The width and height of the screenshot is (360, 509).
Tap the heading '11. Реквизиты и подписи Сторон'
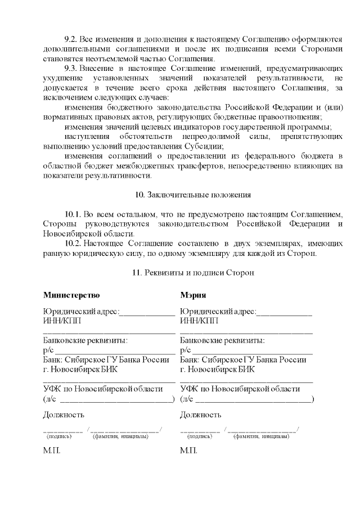coord(193,273)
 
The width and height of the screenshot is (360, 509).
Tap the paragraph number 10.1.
coord(73,214)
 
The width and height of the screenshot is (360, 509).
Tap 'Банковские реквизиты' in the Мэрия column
coord(222,340)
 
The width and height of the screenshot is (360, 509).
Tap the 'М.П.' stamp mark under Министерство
coord(52,451)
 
